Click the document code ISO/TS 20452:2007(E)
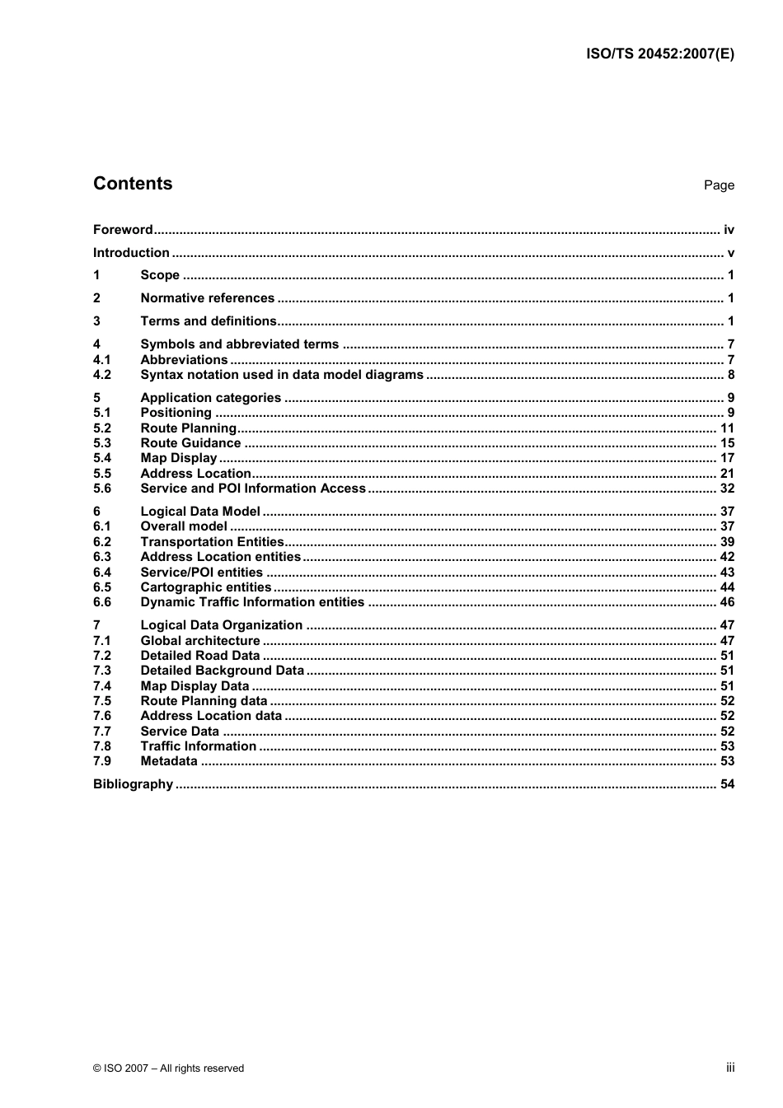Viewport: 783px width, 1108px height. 659,54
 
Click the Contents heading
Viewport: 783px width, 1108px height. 133,184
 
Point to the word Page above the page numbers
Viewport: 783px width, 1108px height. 719,185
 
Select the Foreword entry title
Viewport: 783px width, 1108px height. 123,230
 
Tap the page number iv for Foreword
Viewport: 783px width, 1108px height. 729,230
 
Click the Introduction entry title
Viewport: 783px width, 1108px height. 131,253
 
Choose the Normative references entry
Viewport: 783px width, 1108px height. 207,298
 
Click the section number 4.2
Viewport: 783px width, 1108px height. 102,375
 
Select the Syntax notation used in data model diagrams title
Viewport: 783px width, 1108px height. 282,375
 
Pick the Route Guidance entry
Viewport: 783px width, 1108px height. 190,443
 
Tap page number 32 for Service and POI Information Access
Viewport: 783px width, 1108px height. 727,489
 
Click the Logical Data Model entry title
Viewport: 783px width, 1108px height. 200,512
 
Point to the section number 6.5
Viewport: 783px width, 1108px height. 102,587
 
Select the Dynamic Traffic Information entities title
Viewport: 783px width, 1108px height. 252,602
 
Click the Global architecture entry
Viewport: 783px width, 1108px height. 200,641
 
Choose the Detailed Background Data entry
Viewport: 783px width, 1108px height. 222,671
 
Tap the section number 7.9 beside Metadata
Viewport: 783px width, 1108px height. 102,761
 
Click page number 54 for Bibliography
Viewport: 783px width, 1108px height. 727,784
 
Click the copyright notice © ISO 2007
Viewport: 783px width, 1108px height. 168,1068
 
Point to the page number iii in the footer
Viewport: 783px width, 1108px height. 730,1068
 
